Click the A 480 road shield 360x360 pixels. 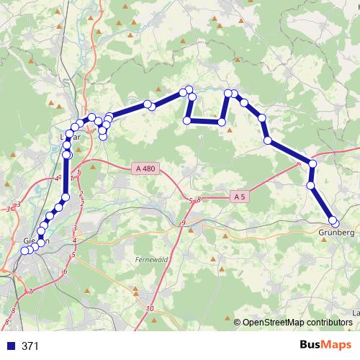[145, 168]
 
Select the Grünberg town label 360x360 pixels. [336, 233]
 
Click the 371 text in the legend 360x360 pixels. [30, 346]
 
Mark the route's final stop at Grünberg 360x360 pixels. [333, 221]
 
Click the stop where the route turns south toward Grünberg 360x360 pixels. [312, 165]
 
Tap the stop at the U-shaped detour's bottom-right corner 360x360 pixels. [222, 122]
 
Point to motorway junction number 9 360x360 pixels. [183, 224]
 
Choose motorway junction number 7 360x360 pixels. [30, 291]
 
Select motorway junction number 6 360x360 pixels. [65, 271]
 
